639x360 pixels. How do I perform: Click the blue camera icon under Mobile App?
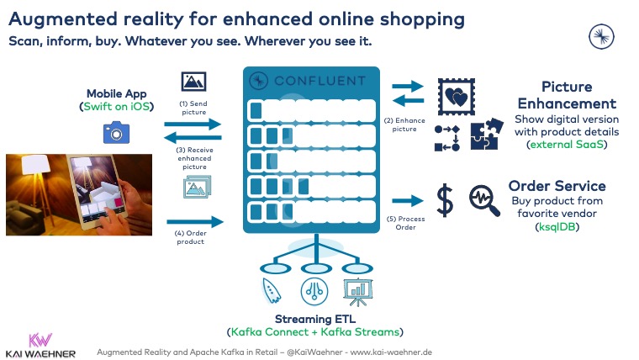pos(115,132)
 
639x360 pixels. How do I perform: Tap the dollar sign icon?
pos(444,200)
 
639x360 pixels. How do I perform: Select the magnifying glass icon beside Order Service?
pos(484,200)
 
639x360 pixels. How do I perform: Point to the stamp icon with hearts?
pos(454,98)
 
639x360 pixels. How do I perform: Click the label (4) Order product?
pos(193,239)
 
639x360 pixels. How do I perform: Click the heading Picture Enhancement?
pos(566,95)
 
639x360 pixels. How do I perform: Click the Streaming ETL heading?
pos(314,319)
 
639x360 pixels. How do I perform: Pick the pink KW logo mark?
pos(40,340)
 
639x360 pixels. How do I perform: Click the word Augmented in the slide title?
pos(61,19)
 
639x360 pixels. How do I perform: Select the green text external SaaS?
pos(566,145)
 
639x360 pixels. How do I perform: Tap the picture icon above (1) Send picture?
pos(194,82)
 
